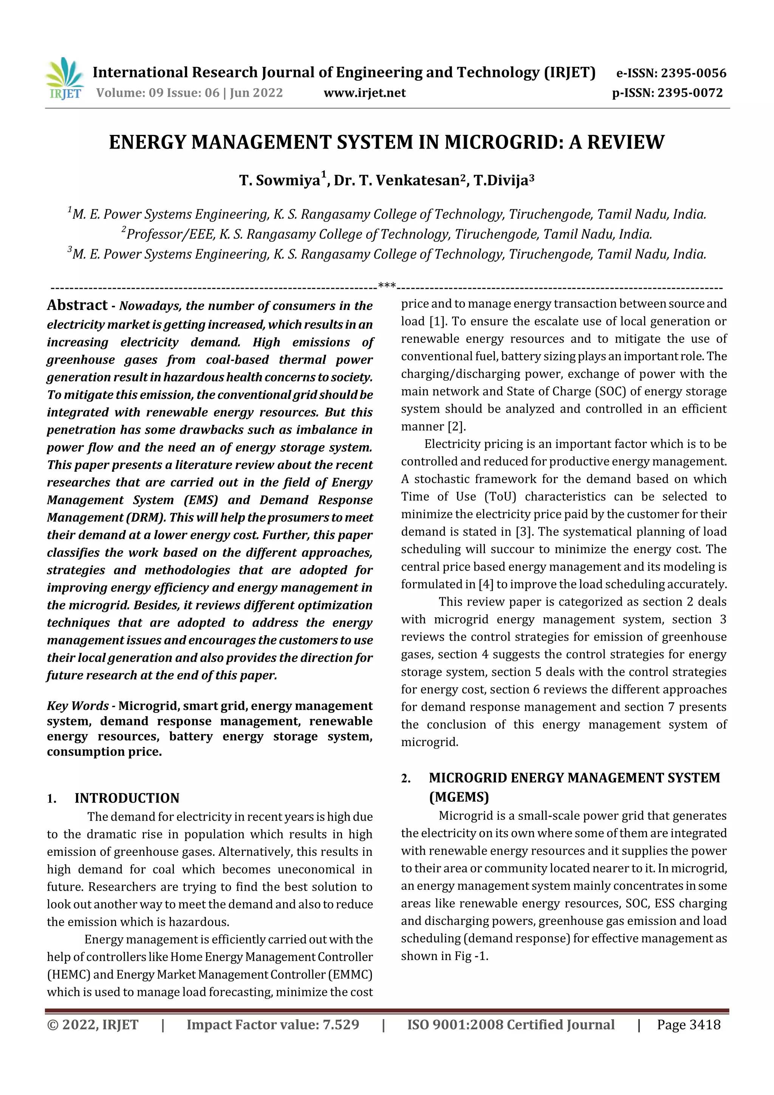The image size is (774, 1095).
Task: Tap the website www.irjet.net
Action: point(364,93)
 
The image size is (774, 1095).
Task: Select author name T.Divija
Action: point(500,181)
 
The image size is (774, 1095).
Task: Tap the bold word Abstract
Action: point(77,305)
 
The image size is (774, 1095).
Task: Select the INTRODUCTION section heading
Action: point(127,798)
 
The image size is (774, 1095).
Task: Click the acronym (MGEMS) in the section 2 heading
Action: point(459,798)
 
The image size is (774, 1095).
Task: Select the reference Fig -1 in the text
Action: point(472,956)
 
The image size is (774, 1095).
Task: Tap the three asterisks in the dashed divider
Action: point(387,286)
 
